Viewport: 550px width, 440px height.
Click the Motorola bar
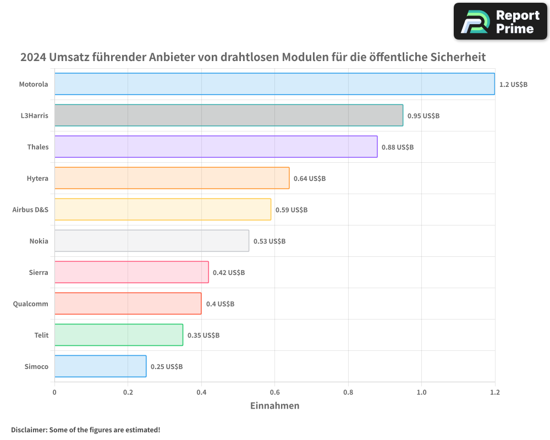tap(274, 84)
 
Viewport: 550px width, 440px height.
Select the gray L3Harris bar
tap(229, 116)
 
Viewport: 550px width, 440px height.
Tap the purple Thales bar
tap(216, 147)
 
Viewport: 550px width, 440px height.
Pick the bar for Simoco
tap(101, 366)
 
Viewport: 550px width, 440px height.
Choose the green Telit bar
tap(119, 335)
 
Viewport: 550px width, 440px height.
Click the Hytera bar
tap(172, 178)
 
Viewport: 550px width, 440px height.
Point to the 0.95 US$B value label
tap(423, 116)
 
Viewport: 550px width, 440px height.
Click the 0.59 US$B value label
tap(291, 210)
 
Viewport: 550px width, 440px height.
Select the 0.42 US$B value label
tap(229, 273)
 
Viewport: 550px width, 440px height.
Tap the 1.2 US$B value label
tap(513, 85)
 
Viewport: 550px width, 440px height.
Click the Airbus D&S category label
tap(30, 210)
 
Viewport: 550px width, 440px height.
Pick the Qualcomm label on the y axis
tap(30, 304)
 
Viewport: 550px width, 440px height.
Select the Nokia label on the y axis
tap(38, 241)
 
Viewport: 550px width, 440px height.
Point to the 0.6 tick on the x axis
tap(274, 392)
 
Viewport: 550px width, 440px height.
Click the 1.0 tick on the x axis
tap(421, 392)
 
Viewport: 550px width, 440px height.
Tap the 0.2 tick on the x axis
tap(128, 392)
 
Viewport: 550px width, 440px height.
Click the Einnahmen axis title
tap(274, 406)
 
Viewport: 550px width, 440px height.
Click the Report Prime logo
tap(501, 21)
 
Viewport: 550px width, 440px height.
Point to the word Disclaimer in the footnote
tap(29, 430)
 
